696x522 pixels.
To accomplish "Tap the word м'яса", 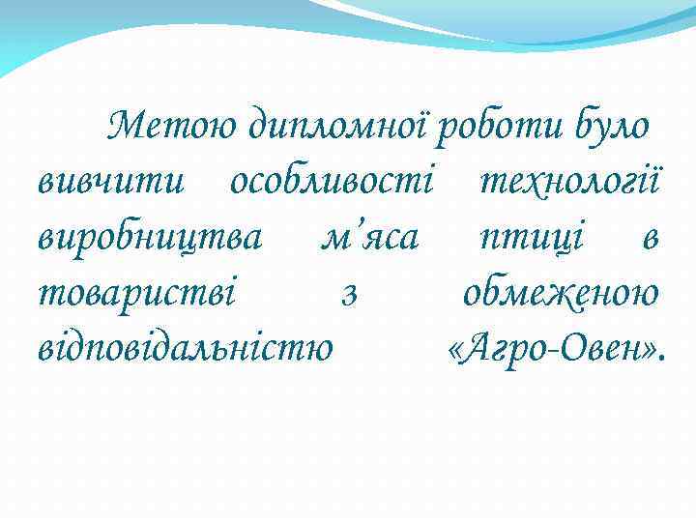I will pos(368,237).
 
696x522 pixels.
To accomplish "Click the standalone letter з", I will pos(350,293).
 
